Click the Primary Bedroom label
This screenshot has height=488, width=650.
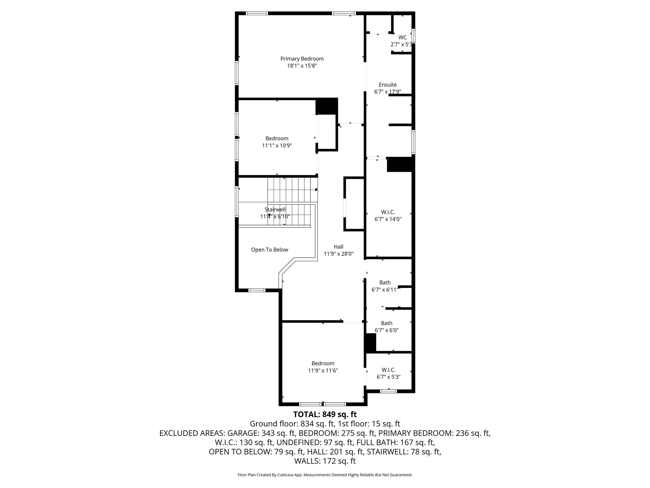coord(302,59)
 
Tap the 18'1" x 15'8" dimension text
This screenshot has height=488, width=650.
coord(302,66)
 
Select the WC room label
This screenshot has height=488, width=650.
coord(402,37)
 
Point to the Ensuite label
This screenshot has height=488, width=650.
coord(388,85)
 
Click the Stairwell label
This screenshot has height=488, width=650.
coord(275,210)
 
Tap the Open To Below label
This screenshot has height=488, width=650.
coord(270,250)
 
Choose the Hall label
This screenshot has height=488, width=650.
coord(339,247)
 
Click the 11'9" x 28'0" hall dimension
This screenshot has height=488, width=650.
coord(339,254)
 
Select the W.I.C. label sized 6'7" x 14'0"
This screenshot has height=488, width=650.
coord(388,212)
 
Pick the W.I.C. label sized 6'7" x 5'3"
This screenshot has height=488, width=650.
coord(388,370)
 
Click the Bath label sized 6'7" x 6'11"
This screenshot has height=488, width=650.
coord(385,282)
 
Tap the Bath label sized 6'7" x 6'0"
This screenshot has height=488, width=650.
coord(387,323)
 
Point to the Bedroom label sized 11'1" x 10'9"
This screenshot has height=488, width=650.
coord(277,139)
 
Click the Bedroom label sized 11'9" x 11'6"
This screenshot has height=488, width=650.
coord(323,363)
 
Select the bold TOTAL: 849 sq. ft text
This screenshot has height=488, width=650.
coord(325,415)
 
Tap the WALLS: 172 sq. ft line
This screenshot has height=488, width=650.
coord(325,461)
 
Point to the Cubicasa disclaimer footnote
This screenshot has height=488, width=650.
coord(325,475)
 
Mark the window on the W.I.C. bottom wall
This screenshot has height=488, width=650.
coord(388,391)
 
